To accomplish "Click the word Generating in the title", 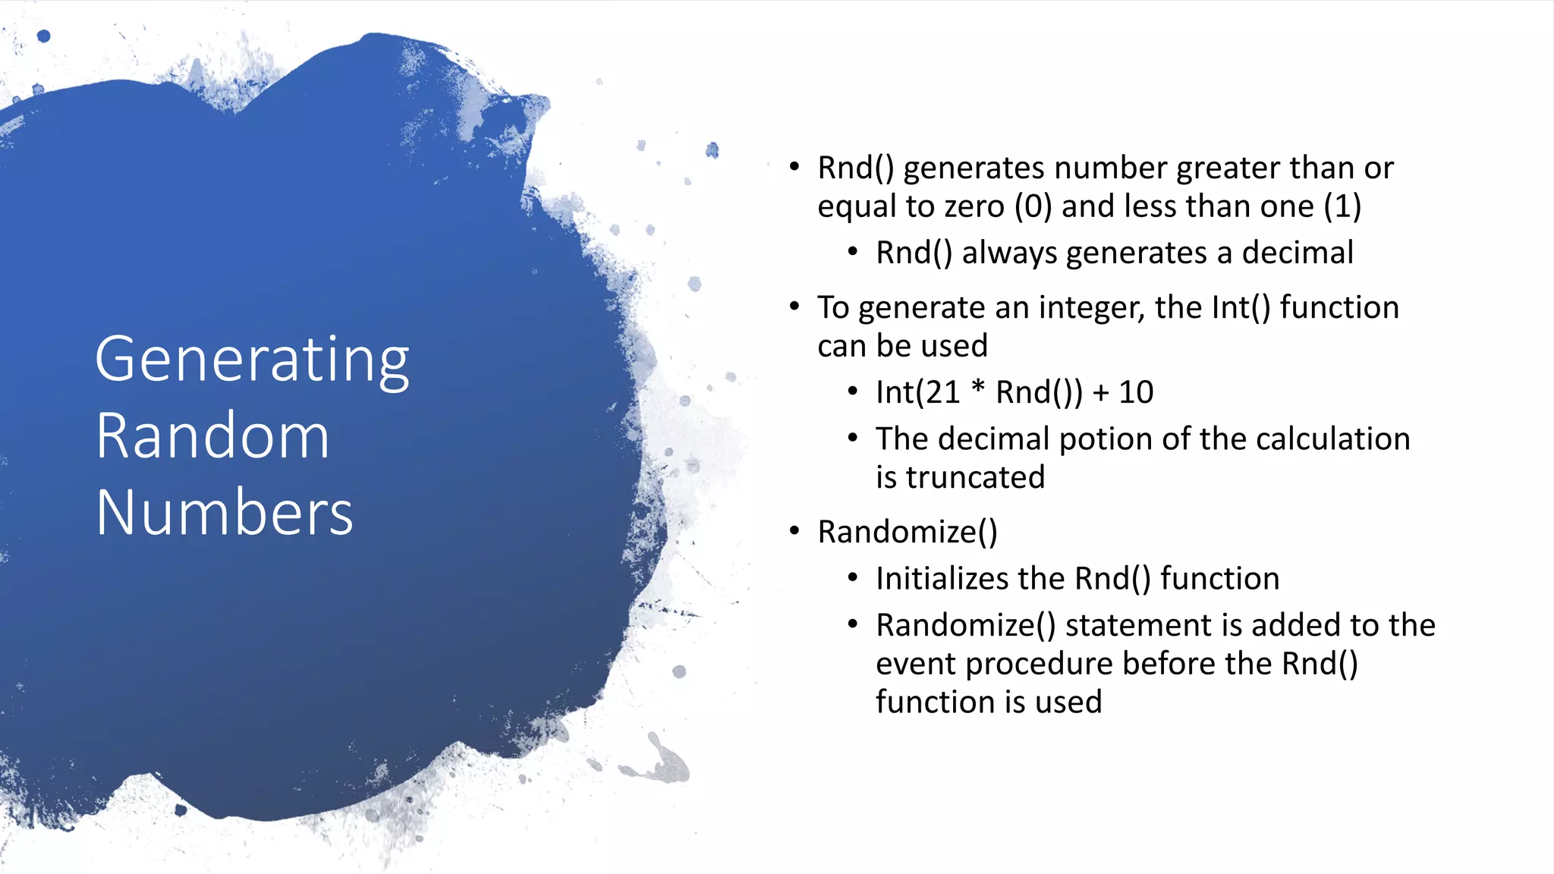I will pyautogui.click(x=252, y=360).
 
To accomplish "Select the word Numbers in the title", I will pyautogui.click(x=225, y=513).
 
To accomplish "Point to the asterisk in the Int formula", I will pyautogui.click(x=979, y=388).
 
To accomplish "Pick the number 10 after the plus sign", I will pyautogui.click(x=1136, y=393).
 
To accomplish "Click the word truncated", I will pyautogui.click(x=975, y=478).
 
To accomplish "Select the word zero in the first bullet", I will pyautogui.click(x=974, y=207).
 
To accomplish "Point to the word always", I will pyautogui.click(x=1008, y=253).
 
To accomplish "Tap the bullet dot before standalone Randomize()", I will pyautogui.click(x=794, y=531).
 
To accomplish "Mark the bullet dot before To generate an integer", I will pyautogui.click(x=794, y=307).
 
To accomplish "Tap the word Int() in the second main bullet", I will pyautogui.click(x=1241, y=308).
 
